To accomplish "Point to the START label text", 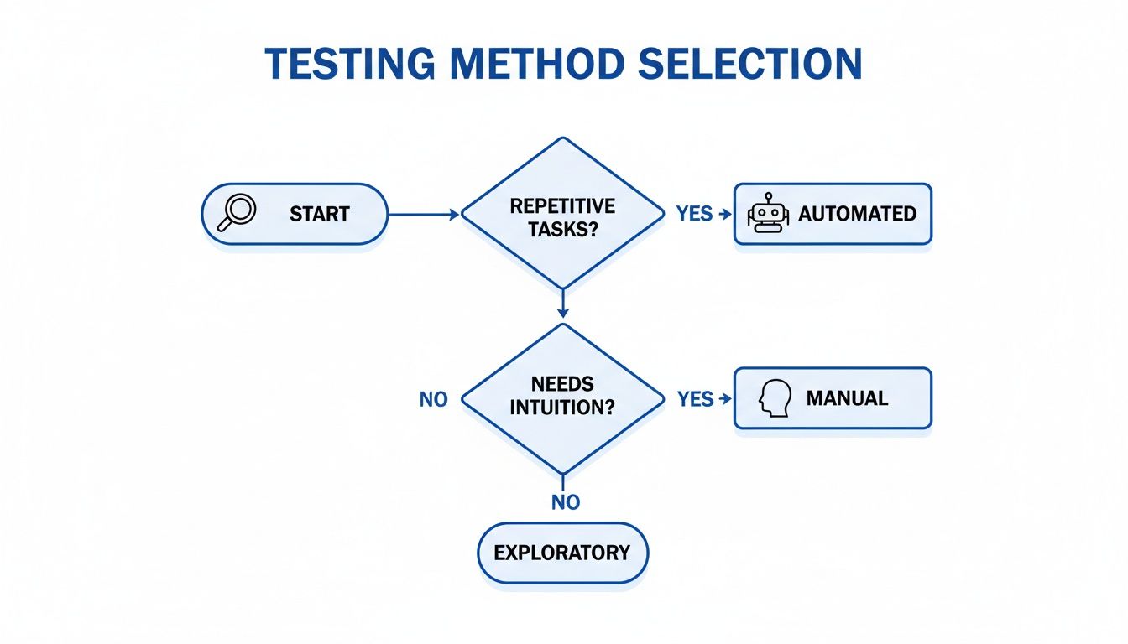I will pyautogui.click(x=319, y=214).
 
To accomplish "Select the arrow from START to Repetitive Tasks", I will pyautogui.click(x=424, y=215).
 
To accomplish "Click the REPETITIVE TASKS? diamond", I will pyautogui.click(x=562, y=215).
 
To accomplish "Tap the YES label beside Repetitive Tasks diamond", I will pyautogui.click(x=694, y=214).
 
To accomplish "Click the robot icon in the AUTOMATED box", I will pyautogui.click(x=767, y=214).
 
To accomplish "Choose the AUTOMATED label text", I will pyautogui.click(x=857, y=214).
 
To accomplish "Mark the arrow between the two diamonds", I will pyautogui.click(x=562, y=304).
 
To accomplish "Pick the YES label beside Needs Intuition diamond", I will pyautogui.click(x=695, y=399).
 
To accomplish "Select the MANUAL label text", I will pyautogui.click(x=847, y=397).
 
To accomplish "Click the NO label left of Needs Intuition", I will pyautogui.click(x=433, y=400).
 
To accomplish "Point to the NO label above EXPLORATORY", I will pyautogui.click(x=566, y=502).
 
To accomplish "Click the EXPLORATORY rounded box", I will pyautogui.click(x=562, y=553).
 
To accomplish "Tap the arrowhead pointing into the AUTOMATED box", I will pyautogui.click(x=722, y=215).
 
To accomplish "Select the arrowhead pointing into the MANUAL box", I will pyautogui.click(x=722, y=399).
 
